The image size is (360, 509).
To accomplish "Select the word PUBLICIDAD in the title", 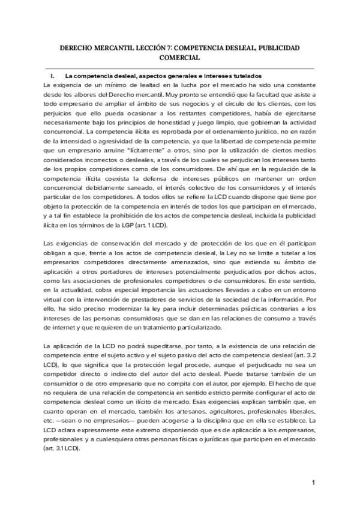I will [x=278, y=47].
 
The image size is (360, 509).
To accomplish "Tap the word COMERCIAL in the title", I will [x=179, y=58].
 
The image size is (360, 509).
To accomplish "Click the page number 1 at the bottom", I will [x=314, y=484].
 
